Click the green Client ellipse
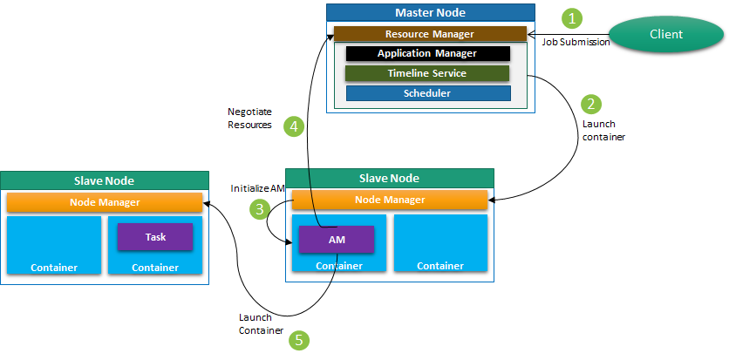click(666, 34)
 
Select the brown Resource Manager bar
click(429, 34)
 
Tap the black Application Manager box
click(427, 53)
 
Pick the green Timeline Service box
click(427, 73)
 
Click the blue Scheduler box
click(427, 93)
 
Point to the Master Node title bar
click(430, 12)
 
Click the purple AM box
click(337, 239)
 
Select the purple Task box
click(155, 236)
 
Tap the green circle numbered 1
click(572, 17)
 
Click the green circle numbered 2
click(592, 104)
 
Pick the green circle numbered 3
click(259, 208)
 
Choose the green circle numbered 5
click(299, 340)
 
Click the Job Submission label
click(576, 42)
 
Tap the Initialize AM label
click(259, 188)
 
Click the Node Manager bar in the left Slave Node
click(106, 202)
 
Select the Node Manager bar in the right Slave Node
click(389, 200)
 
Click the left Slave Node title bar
click(106, 180)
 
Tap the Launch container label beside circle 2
click(603, 130)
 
